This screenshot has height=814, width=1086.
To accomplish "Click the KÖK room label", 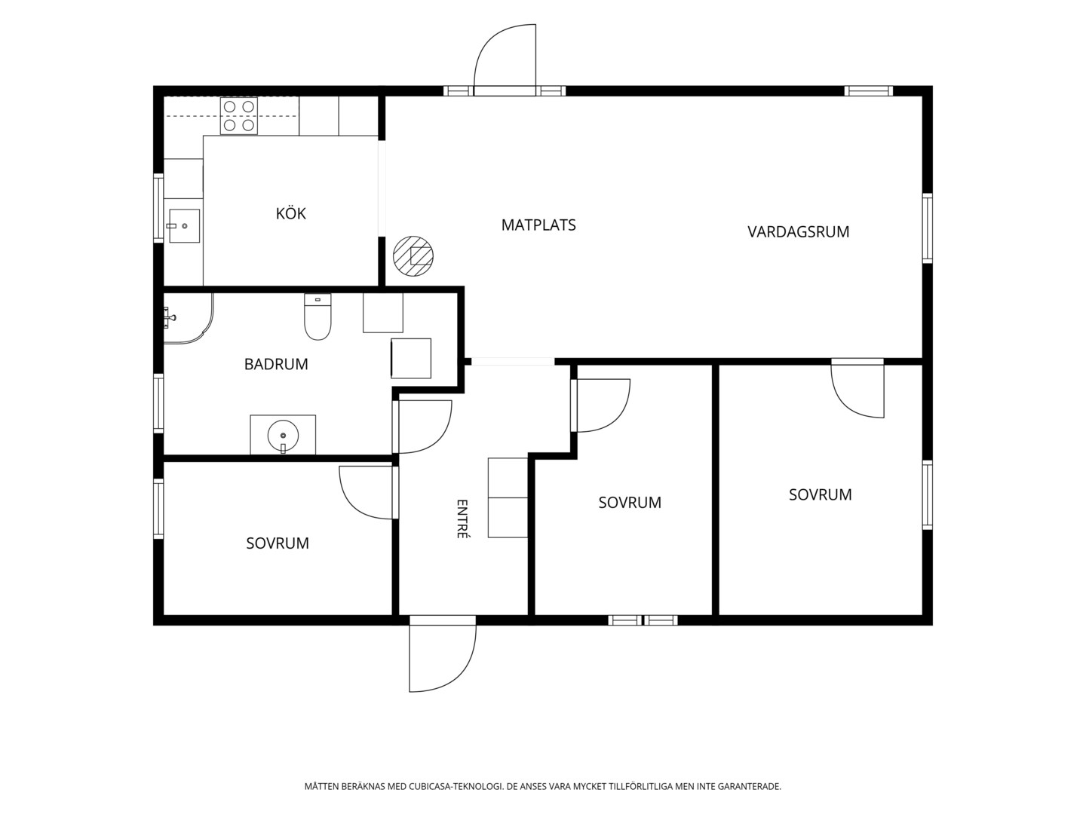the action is pyautogui.click(x=290, y=213).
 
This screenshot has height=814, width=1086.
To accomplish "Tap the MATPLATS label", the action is pyautogui.click(x=538, y=225).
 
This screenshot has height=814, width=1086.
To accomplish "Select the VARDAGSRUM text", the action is pyautogui.click(x=798, y=232).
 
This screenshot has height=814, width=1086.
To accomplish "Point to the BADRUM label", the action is pyautogui.click(x=276, y=364).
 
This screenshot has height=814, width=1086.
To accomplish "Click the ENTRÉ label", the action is pyautogui.click(x=462, y=519).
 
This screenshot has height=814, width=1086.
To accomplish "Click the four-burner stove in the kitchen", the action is pyautogui.click(x=239, y=116).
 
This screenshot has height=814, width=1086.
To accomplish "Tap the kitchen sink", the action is pyautogui.click(x=184, y=226).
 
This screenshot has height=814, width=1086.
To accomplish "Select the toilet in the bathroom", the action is pyautogui.click(x=318, y=317).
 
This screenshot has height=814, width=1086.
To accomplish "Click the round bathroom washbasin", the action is pyautogui.click(x=283, y=436).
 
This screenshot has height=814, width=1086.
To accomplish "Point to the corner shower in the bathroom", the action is pyautogui.click(x=188, y=319).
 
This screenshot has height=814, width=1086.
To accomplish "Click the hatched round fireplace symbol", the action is pyautogui.click(x=413, y=256).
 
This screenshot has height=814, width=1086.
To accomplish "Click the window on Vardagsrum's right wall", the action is pyautogui.click(x=928, y=228).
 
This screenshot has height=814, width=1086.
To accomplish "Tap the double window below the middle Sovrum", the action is pyautogui.click(x=643, y=620).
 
